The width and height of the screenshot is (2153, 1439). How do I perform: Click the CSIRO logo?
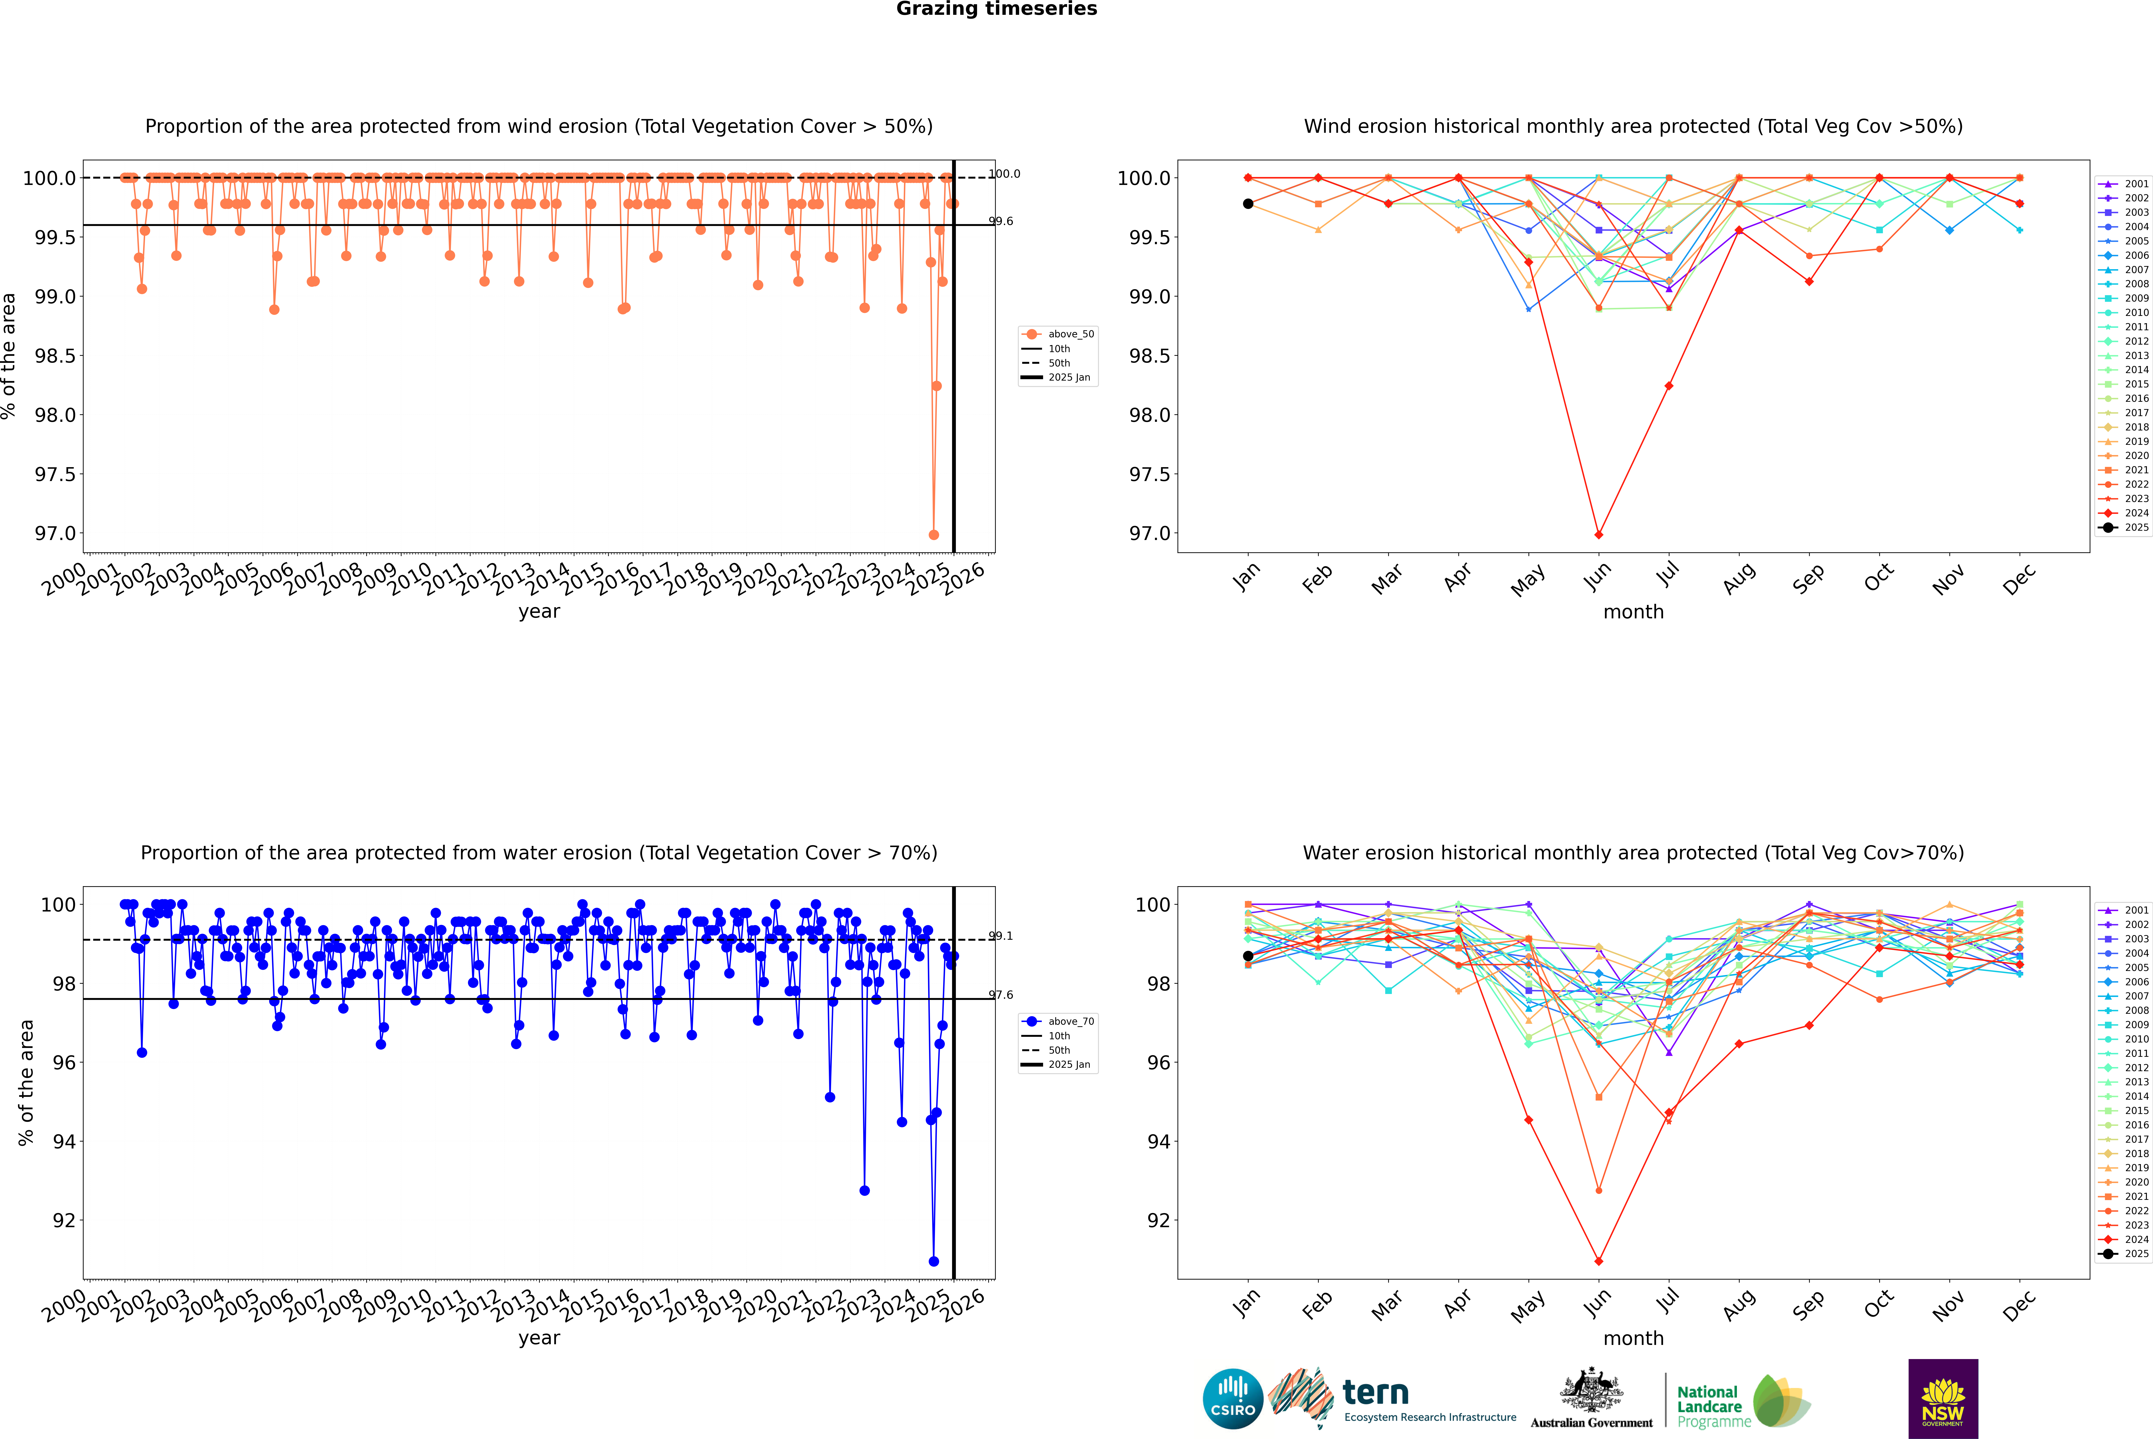(x=1233, y=1399)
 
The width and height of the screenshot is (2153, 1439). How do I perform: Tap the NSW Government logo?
(x=1943, y=1399)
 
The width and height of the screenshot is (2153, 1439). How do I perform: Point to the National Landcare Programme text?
(x=1709, y=1406)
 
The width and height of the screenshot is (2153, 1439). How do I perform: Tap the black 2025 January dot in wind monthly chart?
(x=1248, y=204)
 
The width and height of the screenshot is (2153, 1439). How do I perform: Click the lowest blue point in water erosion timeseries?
(x=933, y=1261)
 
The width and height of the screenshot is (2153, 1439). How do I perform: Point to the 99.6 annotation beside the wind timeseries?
(x=1000, y=221)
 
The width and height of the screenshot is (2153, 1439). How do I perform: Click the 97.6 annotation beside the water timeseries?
(x=1000, y=995)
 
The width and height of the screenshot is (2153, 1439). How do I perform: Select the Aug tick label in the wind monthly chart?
(x=1739, y=578)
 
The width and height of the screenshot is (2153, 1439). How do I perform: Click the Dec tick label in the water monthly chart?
(x=2019, y=1305)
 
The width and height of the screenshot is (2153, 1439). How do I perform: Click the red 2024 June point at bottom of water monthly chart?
(x=1599, y=1261)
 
